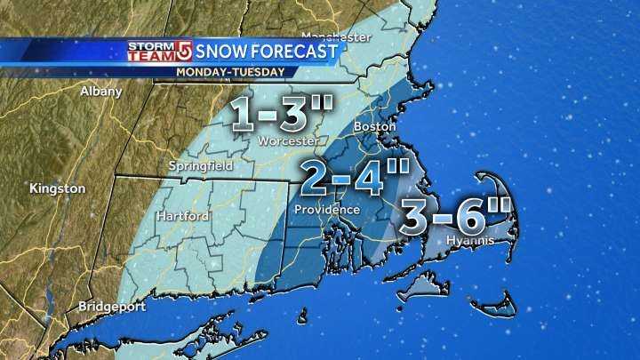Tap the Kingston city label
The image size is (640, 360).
(x=58, y=188)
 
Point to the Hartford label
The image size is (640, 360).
(x=182, y=216)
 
